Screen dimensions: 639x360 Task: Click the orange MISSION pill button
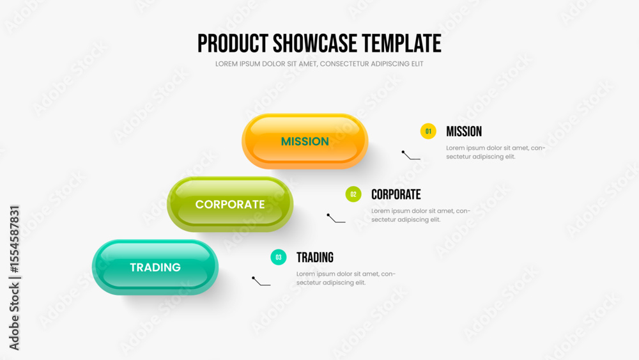(x=305, y=141)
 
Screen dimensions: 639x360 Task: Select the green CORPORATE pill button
(x=230, y=204)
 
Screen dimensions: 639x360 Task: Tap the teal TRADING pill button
(x=155, y=267)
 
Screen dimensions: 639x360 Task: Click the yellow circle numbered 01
(x=428, y=131)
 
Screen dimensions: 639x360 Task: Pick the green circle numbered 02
(x=353, y=194)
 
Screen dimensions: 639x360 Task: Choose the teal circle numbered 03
(x=279, y=257)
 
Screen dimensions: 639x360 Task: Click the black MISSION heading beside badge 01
(x=464, y=131)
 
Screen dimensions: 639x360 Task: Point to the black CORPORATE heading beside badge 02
(x=396, y=194)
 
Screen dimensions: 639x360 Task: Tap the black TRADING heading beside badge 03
(x=314, y=257)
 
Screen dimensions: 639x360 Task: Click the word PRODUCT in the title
(x=233, y=43)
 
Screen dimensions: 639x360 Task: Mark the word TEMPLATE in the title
(x=401, y=43)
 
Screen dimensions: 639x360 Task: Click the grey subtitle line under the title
(x=319, y=64)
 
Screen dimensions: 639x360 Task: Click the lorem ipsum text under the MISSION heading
(x=496, y=152)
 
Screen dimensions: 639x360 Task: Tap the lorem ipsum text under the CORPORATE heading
(x=420, y=215)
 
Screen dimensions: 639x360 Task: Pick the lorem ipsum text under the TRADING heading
(x=346, y=278)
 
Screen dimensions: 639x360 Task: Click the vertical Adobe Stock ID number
(x=15, y=239)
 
